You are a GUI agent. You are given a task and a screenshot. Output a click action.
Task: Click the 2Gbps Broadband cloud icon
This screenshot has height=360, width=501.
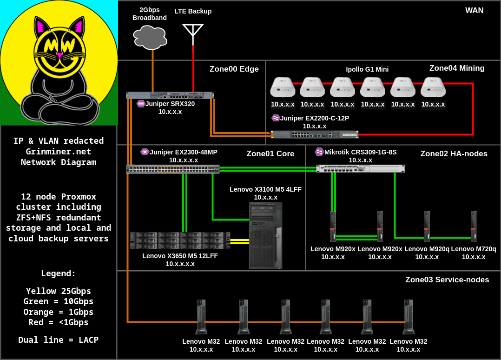click(x=150, y=37)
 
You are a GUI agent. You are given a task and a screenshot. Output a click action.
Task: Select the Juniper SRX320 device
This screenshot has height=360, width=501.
click(x=170, y=95)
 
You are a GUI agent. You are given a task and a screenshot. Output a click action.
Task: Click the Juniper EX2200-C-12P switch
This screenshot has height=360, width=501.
click(x=315, y=134)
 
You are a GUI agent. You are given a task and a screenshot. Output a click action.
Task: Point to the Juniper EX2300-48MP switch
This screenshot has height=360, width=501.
click(x=172, y=169)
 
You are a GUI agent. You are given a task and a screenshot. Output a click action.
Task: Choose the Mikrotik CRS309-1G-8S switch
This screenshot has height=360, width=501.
click(x=360, y=168)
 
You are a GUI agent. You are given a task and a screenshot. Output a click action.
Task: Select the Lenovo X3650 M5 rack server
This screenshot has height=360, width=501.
click(x=180, y=240)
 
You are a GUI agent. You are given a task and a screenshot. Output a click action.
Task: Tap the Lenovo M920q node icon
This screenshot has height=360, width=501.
click(x=427, y=227)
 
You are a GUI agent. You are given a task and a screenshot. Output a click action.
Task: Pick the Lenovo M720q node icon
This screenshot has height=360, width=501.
click(x=474, y=227)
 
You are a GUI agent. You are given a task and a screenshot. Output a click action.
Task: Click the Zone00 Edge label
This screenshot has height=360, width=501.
click(x=234, y=69)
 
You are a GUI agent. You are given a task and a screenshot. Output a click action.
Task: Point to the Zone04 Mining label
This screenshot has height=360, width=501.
click(x=457, y=68)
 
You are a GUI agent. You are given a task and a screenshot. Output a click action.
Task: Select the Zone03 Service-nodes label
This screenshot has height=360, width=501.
click(x=447, y=280)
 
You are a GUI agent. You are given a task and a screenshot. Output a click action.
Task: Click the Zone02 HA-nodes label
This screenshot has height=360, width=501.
click(x=454, y=153)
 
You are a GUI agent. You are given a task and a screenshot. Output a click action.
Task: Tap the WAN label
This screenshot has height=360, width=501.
click(x=474, y=10)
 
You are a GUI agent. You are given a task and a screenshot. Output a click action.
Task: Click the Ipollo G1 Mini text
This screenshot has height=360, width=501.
click(x=367, y=69)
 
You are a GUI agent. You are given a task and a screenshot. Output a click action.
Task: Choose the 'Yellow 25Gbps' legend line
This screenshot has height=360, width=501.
click(x=59, y=291)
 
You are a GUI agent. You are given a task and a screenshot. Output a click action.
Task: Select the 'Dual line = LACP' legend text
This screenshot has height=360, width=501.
click(x=59, y=340)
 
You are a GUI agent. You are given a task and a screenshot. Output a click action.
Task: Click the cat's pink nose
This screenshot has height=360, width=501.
click(x=59, y=55)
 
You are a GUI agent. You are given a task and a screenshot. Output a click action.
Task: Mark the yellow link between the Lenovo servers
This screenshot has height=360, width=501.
click(x=240, y=241)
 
